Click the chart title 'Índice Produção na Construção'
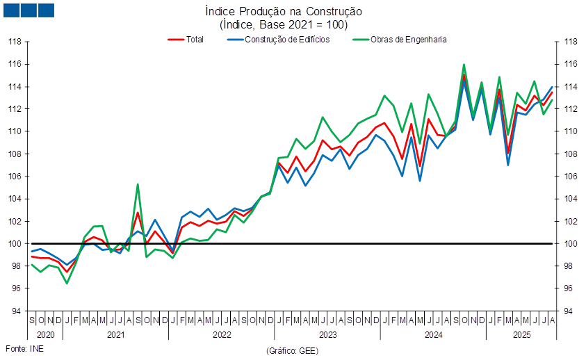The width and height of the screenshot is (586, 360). click(x=283, y=12)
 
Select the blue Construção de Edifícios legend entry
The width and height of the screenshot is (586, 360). click(x=278, y=40)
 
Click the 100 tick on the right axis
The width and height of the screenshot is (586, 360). click(x=571, y=244)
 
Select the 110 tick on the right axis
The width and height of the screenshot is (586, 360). click(x=571, y=131)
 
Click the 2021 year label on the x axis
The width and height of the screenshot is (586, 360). click(x=115, y=335)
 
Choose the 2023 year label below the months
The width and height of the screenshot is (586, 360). click(x=327, y=335)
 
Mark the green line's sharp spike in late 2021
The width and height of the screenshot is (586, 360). click(x=138, y=184)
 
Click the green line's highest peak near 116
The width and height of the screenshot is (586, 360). click(x=464, y=65)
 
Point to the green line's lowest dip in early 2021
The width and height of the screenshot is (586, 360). click(x=67, y=283)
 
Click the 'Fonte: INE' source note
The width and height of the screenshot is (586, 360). click(x=24, y=347)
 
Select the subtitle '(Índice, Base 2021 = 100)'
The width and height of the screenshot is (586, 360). click(x=283, y=24)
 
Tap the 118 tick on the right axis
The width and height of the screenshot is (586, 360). click(x=571, y=42)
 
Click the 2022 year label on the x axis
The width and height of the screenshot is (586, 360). click(x=221, y=335)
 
